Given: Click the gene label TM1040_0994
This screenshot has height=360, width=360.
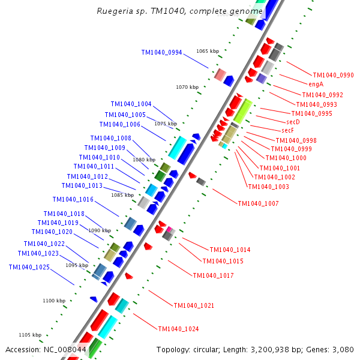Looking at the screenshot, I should [x=161, y=53].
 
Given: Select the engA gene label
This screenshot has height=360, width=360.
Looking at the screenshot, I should [x=316, y=85].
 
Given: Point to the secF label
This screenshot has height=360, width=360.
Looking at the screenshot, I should [x=287, y=130].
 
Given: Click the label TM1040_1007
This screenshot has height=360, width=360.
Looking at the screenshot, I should [x=258, y=204].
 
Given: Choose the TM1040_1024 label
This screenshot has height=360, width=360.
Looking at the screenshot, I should [x=178, y=329].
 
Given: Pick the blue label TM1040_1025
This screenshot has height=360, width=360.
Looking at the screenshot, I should [x=29, y=268].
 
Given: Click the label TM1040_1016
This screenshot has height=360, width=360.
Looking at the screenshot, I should [x=73, y=200].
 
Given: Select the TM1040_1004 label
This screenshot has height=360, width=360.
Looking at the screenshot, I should [x=131, y=104].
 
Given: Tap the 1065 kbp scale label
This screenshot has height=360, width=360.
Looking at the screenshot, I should [x=207, y=52].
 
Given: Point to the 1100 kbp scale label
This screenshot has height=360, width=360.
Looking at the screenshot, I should [x=53, y=301].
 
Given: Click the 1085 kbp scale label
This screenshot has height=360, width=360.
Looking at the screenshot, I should [x=122, y=195].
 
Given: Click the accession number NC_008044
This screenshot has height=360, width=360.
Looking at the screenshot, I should [x=64, y=350].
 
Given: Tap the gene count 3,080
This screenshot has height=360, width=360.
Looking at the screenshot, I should [x=343, y=350].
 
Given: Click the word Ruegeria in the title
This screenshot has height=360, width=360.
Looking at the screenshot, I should [x=113, y=11].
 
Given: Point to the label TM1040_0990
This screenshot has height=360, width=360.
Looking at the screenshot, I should [x=333, y=76].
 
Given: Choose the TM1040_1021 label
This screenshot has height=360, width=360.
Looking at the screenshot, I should [x=194, y=306].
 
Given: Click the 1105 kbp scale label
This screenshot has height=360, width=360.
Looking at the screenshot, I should [x=30, y=335].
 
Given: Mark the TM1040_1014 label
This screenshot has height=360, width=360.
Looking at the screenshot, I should [x=230, y=250].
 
